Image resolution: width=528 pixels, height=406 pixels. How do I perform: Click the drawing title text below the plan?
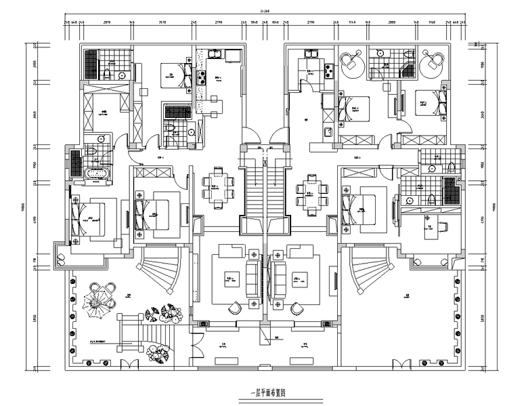(x=264, y=392)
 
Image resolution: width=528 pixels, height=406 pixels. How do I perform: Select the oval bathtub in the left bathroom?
(x=99, y=175)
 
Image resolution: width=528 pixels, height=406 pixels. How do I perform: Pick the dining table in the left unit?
(x=219, y=184)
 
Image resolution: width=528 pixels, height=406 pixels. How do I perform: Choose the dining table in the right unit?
(x=311, y=192)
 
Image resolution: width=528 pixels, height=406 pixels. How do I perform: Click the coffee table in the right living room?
(x=299, y=279)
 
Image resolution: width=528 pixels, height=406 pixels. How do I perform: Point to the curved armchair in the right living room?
(x=296, y=308)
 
